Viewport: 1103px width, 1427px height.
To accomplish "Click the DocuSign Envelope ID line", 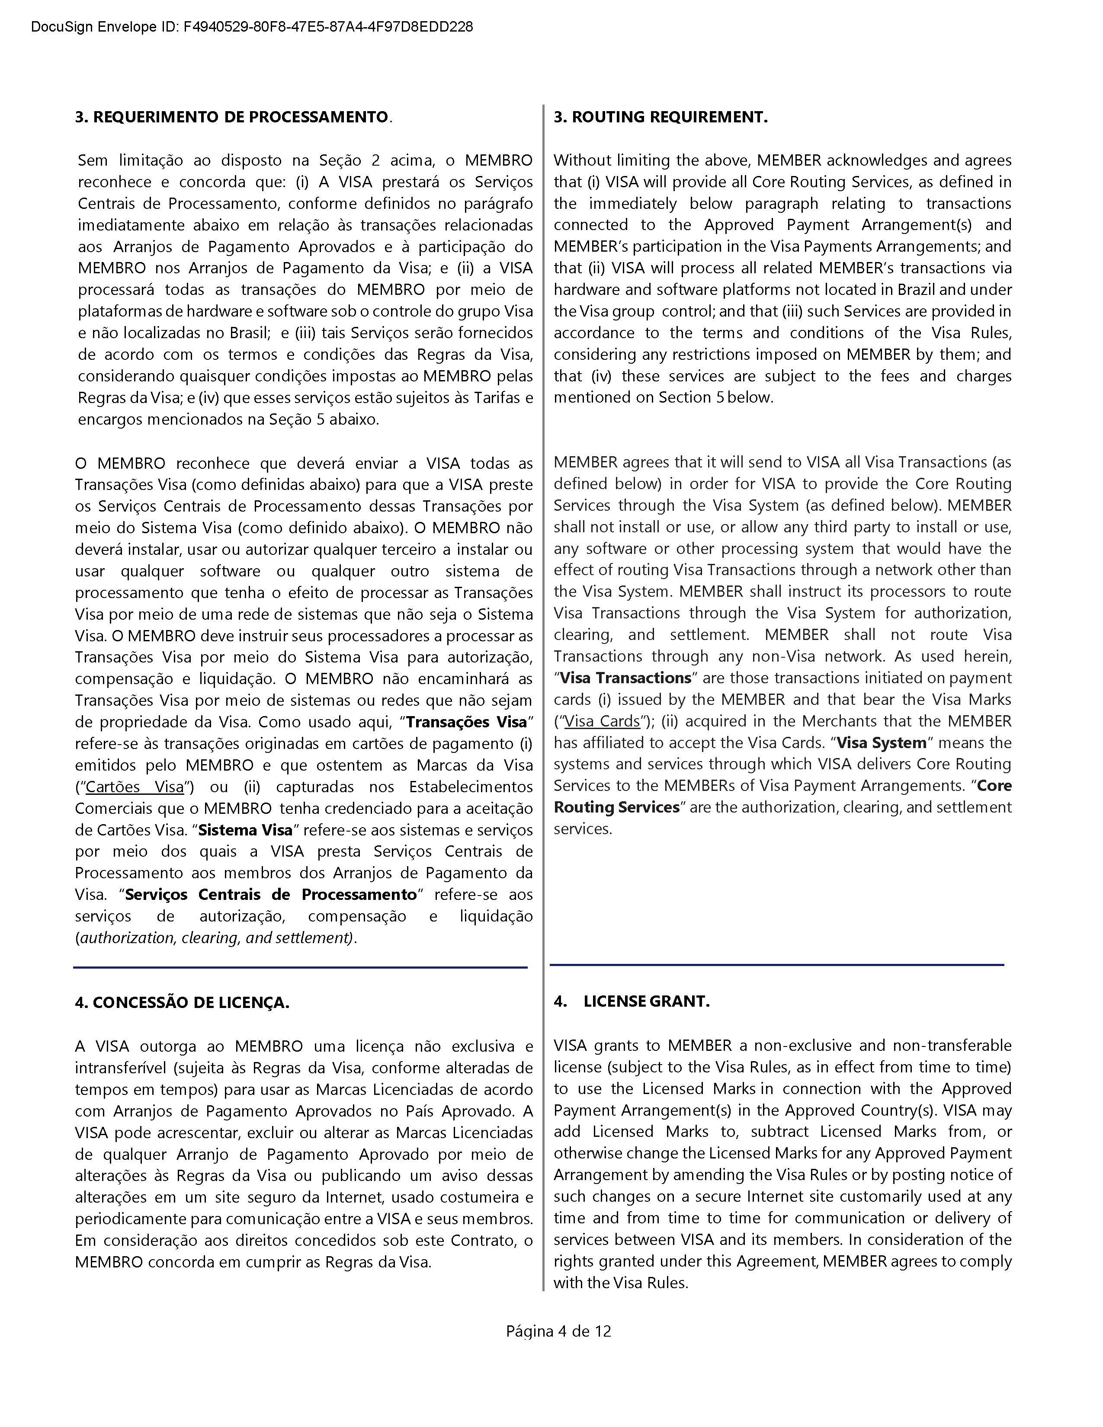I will pyautogui.click(x=252, y=27).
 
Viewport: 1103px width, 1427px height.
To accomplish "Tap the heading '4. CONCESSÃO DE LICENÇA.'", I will pyautogui.click(x=182, y=1002).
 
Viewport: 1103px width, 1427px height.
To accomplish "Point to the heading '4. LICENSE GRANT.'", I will pyautogui.click(x=631, y=1001).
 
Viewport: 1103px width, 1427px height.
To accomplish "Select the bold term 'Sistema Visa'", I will pyautogui.click(x=245, y=830).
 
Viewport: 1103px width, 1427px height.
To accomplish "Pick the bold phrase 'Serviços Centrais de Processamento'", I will pyautogui.click(x=270, y=895).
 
